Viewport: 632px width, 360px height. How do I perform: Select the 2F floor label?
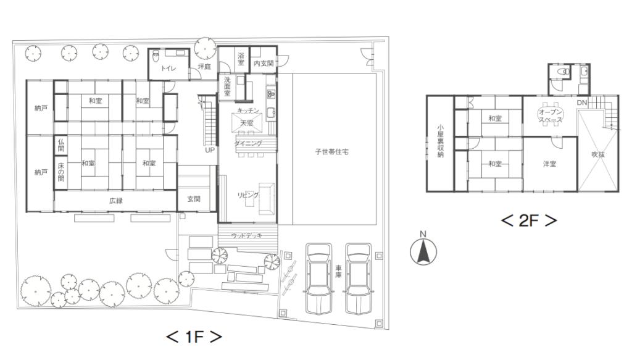(529, 220)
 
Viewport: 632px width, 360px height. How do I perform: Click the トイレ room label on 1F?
(168, 68)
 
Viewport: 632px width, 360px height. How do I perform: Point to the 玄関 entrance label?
(194, 199)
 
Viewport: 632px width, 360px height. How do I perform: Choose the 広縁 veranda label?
(116, 200)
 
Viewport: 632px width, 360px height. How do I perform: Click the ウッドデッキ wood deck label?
(246, 235)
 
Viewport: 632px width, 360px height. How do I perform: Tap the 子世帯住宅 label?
(331, 151)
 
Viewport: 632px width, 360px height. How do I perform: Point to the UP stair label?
(210, 149)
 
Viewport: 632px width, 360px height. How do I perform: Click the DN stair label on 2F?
(581, 103)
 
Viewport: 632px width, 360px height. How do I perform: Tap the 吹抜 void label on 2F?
(598, 154)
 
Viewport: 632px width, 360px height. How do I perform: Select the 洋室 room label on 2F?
(550, 164)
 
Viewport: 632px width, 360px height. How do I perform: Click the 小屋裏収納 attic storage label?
(441, 141)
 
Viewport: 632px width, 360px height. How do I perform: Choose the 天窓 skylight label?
(247, 122)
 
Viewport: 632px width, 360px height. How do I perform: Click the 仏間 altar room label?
(61, 145)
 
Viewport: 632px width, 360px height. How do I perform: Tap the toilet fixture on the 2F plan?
(562, 73)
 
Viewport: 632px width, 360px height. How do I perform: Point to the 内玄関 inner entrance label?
(264, 63)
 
